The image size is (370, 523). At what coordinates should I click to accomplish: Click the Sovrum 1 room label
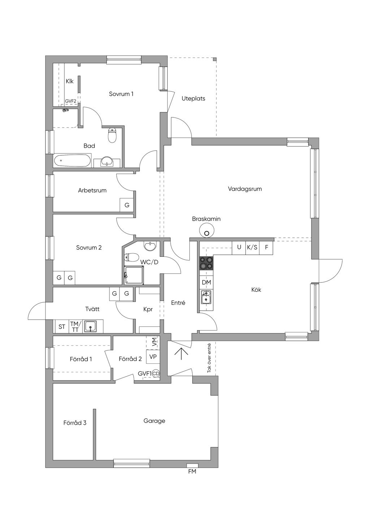[121, 94]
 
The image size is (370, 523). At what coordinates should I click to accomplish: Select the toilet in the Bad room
[112, 135]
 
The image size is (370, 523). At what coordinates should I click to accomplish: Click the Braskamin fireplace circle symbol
[206, 230]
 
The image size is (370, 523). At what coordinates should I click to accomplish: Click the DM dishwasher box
[206, 282]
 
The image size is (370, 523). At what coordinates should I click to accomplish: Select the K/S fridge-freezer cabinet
[252, 247]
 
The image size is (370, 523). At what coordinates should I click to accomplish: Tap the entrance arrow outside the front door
[181, 354]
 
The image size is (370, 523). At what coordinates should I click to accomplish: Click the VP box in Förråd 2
[153, 356]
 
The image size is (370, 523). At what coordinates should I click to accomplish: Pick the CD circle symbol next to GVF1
[156, 373]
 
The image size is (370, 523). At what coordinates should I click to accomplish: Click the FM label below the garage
[192, 471]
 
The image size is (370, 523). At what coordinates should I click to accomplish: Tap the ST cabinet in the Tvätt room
[62, 327]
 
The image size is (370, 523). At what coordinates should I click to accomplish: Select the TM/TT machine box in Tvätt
[75, 327]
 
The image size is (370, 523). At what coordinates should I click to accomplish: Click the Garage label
[154, 421]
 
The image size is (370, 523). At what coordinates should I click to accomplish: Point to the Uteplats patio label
[193, 99]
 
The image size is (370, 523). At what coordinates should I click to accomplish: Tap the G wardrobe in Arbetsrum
[126, 205]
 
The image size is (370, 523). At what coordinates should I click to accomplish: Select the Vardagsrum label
[245, 189]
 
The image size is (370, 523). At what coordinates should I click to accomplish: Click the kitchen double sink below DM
[206, 297]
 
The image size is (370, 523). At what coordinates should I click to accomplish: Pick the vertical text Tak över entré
[209, 358]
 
